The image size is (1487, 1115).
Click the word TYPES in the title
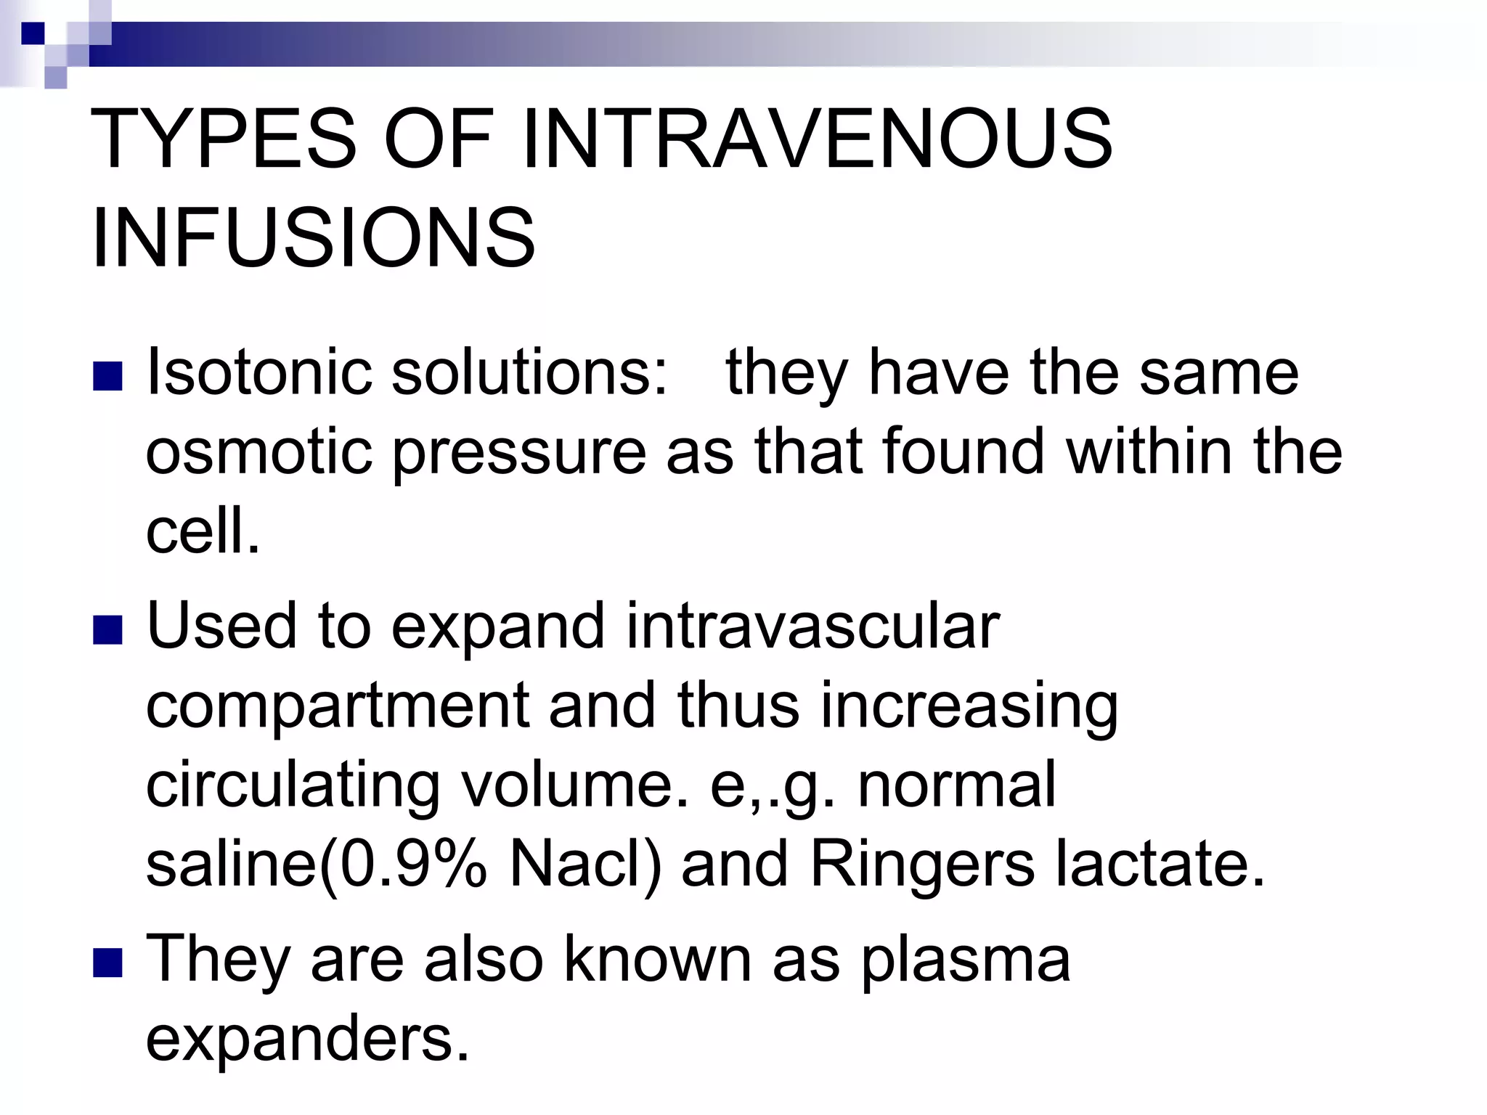point(224,138)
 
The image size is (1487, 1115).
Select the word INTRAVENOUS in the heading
point(816,138)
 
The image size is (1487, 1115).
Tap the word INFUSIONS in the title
point(314,238)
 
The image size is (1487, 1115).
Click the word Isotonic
point(258,372)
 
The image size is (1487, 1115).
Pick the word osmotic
point(258,452)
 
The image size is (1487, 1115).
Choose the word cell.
point(202,530)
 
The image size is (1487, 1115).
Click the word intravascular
point(813,626)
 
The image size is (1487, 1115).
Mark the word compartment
point(337,707)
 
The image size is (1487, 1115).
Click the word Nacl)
point(585,865)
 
